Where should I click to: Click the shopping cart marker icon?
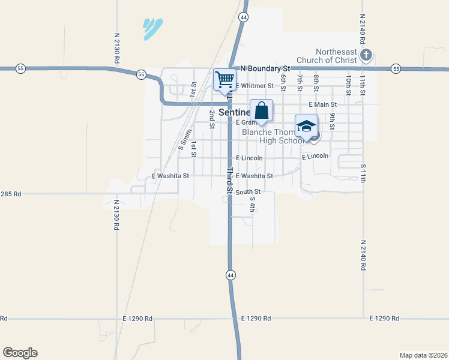click(224, 79)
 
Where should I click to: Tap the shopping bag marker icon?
click(261, 110)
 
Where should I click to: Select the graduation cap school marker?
click(306, 126)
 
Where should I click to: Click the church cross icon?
click(366, 56)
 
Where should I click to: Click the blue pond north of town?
click(151, 28)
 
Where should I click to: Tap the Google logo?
click(20, 353)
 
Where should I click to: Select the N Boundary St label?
click(265, 69)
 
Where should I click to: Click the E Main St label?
click(322, 104)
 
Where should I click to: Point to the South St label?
click(247, 192)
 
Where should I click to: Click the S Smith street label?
click(185, 139)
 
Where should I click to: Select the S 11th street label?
click(363, 172)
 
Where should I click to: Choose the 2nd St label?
click(211, 119)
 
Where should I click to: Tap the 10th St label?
click(348, 80)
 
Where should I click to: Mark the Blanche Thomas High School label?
click(271, 136)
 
